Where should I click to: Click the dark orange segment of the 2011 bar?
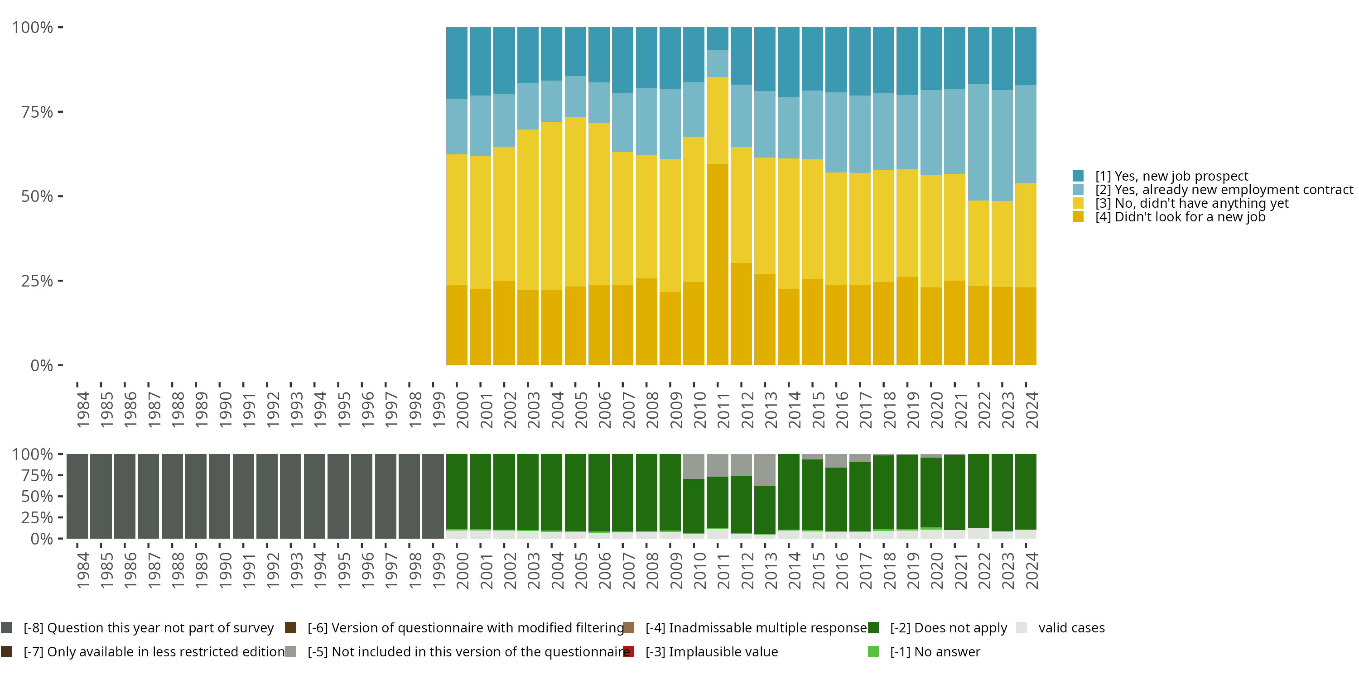718,263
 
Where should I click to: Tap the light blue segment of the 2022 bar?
978,142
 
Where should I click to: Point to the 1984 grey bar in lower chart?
77,496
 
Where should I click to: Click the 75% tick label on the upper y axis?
37,112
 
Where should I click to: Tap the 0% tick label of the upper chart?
42,365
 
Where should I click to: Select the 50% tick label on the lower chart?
37,496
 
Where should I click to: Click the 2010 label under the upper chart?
699,410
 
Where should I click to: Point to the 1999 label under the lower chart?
439,570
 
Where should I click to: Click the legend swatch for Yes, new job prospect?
1078,176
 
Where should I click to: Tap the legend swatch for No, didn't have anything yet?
1078,203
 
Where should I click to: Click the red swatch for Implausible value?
628,651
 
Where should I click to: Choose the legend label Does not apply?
949,628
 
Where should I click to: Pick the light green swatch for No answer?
873,651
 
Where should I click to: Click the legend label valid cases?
1071,628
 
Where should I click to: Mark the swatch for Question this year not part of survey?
6,628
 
